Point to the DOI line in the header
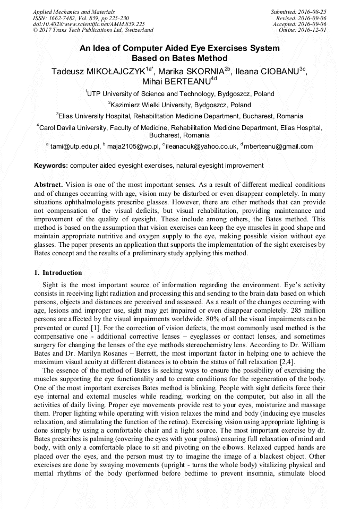pos(89,24)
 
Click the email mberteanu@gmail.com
pos(279,146)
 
